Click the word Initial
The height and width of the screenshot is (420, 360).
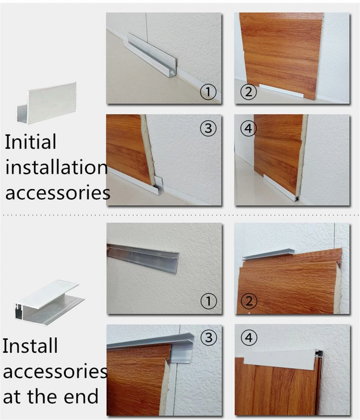click(x=31, y=142)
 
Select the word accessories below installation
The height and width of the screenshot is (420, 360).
click(x=58, y=193)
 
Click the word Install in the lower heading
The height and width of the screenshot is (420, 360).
click(x=30, y=346)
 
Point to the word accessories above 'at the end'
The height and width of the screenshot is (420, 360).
click(x=55, y=371)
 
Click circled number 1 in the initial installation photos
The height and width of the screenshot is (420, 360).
click(x=208, y=92)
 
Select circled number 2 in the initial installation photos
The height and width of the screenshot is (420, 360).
click(x=248, y=92)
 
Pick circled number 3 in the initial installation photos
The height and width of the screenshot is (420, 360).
click(x=208, y=128)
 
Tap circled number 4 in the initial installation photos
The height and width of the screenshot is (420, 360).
click(x=248, y=128)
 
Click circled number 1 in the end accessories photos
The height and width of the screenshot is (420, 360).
click(x=208, y=301)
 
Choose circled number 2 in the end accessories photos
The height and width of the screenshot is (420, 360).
click(x=249, y=301)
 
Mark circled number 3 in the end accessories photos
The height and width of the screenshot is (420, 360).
click(x=209, y=338)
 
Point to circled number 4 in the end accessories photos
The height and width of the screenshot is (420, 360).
click(x=249, y=338)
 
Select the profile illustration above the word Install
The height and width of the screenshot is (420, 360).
click(x=49, y=303)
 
